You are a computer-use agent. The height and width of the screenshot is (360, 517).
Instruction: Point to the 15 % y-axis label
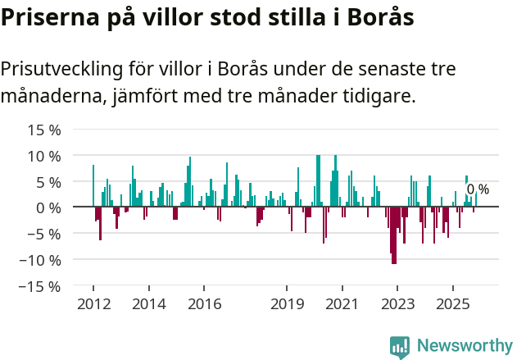coord(44,130)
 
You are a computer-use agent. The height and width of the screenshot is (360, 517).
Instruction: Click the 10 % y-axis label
coord(44,156)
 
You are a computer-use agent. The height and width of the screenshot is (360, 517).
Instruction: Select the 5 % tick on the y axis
coord(48,182)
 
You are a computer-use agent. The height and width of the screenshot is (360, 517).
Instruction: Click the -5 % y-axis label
coord(45,234)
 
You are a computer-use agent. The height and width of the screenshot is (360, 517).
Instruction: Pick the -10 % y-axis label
coord(42,260)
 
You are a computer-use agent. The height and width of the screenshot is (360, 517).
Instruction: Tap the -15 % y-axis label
coord(42,286)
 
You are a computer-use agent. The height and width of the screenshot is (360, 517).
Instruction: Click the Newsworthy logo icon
coord(400,346)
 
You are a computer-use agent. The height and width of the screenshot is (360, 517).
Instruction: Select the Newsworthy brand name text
coord(465,346)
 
